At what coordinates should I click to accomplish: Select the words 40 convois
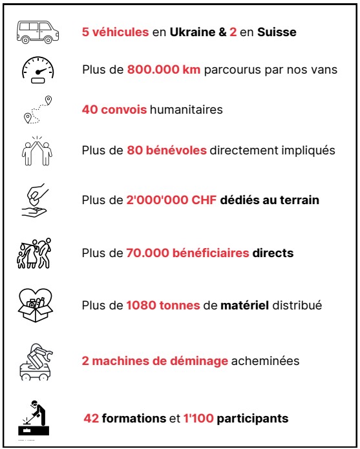tap(114, 110)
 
